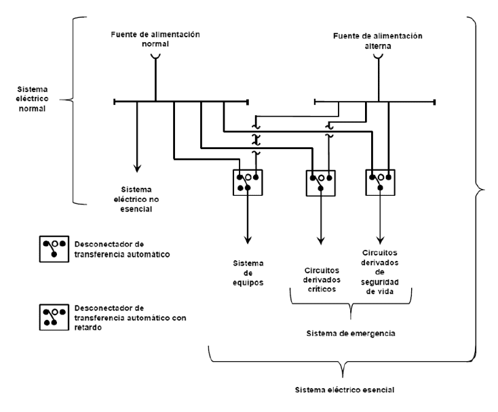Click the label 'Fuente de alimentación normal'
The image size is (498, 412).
point(155,38)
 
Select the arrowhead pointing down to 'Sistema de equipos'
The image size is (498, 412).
point(248,238)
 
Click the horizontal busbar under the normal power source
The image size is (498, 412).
point(181,102)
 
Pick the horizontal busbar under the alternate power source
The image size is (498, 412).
point(375,102)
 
